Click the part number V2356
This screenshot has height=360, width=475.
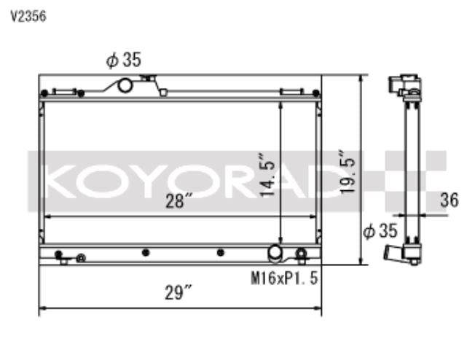[28, 16]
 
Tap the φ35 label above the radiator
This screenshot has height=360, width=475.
[123, 61]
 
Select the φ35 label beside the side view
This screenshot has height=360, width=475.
[379, 232]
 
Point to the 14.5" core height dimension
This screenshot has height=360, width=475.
[269, 176]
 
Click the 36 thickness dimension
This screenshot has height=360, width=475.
[450, 200]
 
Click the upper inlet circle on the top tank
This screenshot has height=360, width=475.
[125, 85]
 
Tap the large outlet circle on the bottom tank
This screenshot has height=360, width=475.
[275, 252]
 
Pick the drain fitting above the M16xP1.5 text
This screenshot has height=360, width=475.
[301, 254]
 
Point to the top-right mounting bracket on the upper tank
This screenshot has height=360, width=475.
[291, 93]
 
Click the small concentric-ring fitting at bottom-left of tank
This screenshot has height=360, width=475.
[81, 258]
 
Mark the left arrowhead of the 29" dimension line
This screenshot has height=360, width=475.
[42, 308]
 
